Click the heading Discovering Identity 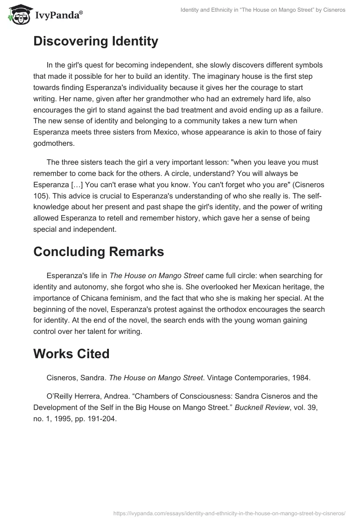pyautogui.click(x=95, y=41)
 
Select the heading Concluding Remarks pyautogui.click(x=99, y=252)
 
